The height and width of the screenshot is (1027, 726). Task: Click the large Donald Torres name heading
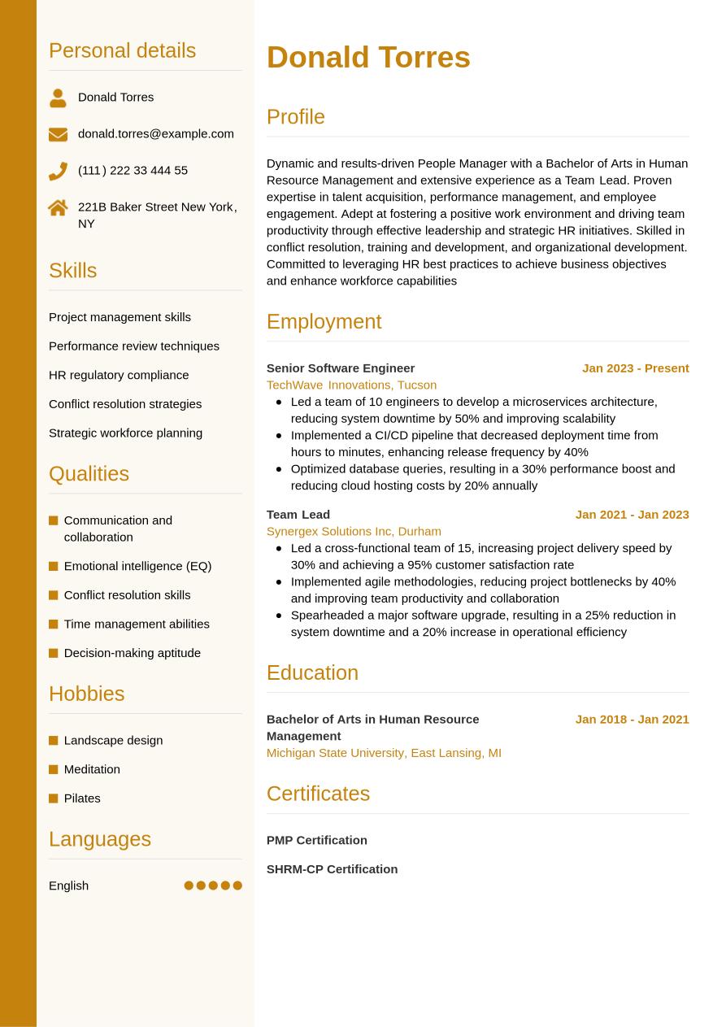(368, 58)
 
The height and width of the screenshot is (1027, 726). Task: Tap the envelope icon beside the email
(58, 134)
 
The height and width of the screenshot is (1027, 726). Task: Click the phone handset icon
(58, 171)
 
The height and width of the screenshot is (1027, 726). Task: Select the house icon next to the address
(58, 208)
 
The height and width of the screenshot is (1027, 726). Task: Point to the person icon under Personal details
(58, 98)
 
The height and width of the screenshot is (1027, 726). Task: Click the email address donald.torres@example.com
(155, 133)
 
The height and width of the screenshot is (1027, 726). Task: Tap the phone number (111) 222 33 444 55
(133, 170)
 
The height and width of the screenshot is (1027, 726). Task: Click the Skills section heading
(72, 271)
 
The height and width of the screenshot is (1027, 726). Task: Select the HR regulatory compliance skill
(119, 375)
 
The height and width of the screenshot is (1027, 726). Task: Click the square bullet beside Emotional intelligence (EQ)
(54, 566)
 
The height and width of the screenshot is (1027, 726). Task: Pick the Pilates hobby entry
(82, 799)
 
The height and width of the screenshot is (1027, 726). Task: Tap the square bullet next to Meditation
(54, 769)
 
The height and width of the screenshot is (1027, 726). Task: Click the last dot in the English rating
(237, 886)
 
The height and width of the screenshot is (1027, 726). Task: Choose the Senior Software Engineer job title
(341, 368)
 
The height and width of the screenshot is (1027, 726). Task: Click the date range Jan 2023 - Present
(635, 368)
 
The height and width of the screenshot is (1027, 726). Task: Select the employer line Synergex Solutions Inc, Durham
(354, 531)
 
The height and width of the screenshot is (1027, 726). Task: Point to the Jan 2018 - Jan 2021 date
(632, 719)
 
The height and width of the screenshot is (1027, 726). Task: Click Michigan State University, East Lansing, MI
(384, 753)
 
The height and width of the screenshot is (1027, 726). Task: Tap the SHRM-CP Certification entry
(332, 869)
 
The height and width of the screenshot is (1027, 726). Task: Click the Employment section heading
(324, 321)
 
